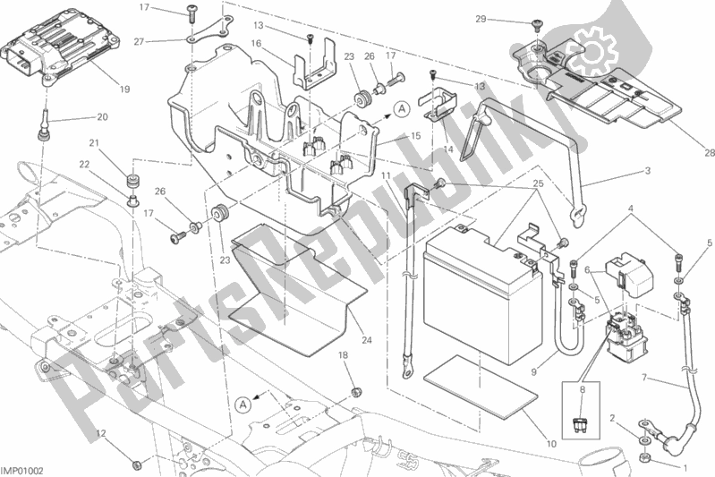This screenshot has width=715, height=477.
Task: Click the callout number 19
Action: tap(124, 89)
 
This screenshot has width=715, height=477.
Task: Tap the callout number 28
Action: tap(709, 153)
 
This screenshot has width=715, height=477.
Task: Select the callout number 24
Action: tap(367, 340)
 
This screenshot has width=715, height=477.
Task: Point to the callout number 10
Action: tap(551, 444)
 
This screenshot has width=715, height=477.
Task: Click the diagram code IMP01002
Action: tap(21, 470)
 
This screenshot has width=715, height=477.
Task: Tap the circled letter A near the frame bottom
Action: tap(243, 404)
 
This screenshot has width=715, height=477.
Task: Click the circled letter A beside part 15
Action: tap(402, 109)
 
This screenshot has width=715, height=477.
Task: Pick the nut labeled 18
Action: tap(356, 392)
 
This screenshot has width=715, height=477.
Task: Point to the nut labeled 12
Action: tap(135, 464)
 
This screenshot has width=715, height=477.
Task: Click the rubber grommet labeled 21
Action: tap(133, 180)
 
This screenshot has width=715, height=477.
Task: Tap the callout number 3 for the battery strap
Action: tap(648, 171)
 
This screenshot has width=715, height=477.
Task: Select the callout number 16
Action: tap(256, 43)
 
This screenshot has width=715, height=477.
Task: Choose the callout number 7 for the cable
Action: tap(644, 378)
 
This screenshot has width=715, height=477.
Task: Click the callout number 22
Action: tap(84, 164)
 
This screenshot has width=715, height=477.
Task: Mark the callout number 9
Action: tap(534, 371)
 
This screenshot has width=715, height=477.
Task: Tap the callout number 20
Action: tap(102, 116)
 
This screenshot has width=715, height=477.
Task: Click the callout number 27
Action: tap(139, 41)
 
